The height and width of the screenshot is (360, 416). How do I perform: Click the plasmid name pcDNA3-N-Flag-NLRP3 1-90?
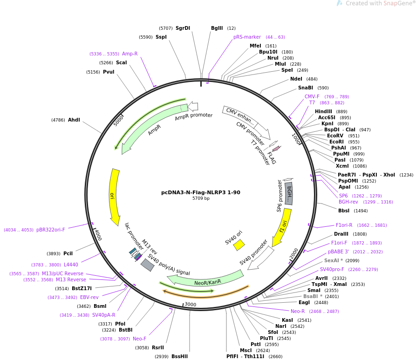tap(201, 192)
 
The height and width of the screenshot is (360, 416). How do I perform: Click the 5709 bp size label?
tap(201, 198)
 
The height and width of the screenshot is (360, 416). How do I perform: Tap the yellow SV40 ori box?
tap(239, 245)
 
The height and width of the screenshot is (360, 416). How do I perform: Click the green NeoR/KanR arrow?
tap(205, 279)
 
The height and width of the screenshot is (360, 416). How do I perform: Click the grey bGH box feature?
tap(289, 193)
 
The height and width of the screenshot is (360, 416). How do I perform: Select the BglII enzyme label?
tap(217, 28)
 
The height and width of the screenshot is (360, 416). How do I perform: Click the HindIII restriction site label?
tap(324, 112)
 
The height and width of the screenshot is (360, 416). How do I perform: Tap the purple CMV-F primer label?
tap(312, 97)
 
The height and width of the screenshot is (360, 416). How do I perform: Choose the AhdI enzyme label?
tap(74, 120)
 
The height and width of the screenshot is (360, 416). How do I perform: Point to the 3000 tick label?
tap(190, 304)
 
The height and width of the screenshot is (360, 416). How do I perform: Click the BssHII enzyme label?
tap(179, 357)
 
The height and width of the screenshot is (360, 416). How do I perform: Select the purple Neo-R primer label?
tap(298, 311)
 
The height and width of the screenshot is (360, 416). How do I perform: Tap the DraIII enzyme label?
tap(341, 234)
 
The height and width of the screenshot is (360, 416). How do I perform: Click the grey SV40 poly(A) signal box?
tap(147, 265)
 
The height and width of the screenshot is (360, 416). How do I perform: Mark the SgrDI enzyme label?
tap(183, 28)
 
